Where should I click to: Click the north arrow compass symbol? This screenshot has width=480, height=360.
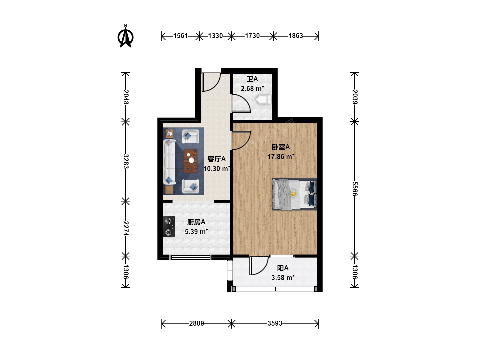(126, 37)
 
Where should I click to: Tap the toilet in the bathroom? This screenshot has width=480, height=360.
(264, 100)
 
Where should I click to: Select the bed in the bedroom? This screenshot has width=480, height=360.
(294, 194)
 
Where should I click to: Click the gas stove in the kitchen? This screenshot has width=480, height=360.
(169, 227)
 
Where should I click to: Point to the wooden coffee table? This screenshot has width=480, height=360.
(190, 161)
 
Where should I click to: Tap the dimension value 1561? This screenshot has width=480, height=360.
(180, 36)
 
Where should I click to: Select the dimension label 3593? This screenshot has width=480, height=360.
(275, 323)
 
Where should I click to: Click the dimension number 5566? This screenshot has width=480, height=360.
(355, 189)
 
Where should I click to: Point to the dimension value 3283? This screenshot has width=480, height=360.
(126, 161)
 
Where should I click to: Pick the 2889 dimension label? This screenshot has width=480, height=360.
(196, 323)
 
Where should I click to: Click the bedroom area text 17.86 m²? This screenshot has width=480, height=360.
(281, 157)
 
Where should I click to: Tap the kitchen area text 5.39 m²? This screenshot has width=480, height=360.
(196, 231)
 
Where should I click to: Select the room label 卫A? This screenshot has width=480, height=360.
(252, 79)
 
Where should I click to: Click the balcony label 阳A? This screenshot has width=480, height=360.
(283, 268)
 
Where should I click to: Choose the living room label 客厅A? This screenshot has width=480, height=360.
(216, 159)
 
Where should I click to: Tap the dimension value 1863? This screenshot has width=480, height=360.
(296, 36)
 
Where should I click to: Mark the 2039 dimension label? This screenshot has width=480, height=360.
(355, 97)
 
